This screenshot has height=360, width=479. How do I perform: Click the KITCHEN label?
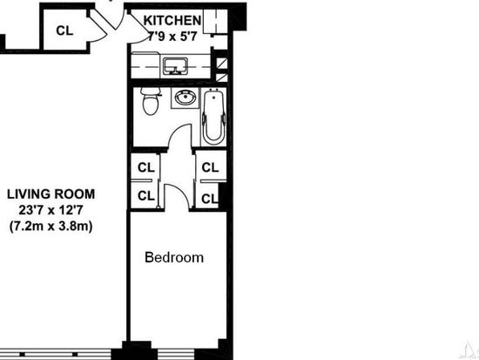click(172, 21)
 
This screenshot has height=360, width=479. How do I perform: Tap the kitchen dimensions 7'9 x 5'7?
click(172, 37)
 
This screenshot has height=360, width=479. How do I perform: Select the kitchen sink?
click(175, 65)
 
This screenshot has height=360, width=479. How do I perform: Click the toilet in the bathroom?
click(151, 100)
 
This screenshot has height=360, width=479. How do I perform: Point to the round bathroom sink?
click(186, 98)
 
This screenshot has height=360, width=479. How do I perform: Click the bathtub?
click(214, 117)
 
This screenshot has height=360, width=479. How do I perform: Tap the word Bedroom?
click(174, 257)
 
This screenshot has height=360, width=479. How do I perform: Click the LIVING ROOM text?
click(51, 194)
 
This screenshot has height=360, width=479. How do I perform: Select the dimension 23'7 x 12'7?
click(51, 210)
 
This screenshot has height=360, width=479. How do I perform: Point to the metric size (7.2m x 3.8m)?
click(51, 227)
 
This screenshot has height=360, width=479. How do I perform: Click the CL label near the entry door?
click(64, 31)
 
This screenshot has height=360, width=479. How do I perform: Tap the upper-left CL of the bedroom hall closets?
click(146, 167)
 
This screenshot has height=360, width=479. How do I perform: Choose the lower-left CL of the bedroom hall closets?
click(146, 196)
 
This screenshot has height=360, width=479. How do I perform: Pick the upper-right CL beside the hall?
click(210, 167)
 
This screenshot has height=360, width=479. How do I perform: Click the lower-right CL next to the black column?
click(210, 199)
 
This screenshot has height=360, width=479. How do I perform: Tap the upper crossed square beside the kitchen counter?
click(221, 64)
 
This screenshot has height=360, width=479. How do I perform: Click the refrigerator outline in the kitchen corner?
click(215, 21)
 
